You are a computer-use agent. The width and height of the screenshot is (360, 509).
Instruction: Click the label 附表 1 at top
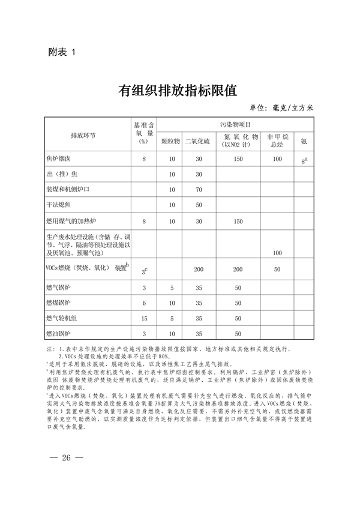point(62,53)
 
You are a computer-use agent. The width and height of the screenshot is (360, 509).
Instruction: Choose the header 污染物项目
point(238,124)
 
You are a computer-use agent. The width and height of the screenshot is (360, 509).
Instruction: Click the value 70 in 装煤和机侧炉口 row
point(197,190)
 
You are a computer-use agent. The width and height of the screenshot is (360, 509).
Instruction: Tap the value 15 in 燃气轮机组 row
point(144,318)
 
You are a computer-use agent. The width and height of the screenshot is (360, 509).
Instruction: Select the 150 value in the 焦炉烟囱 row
point(238,159)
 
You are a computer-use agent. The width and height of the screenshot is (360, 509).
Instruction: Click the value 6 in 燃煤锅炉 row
point(144,303)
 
